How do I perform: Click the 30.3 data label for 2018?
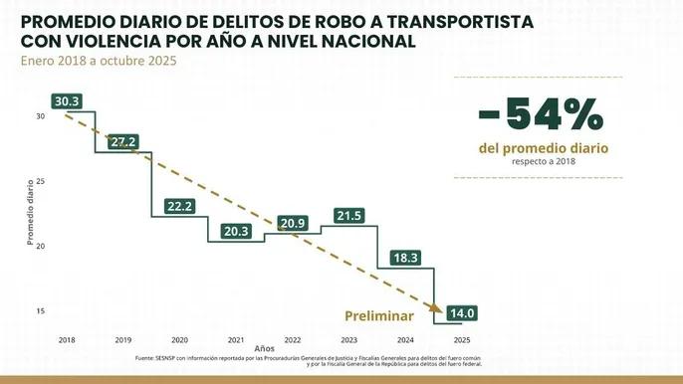pos(67,101)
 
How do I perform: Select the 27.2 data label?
pos(123,142)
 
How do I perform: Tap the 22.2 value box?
pos(180,206)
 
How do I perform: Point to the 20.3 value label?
pos(237,232)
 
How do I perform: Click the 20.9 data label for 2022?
pos(293,223)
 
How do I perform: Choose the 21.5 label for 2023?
pos(349,216)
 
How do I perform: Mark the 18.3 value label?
pos(406,258)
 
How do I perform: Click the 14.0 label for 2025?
pos(463,313)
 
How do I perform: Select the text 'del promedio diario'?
pos(543,147)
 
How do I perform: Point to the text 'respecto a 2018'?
pos(543,161)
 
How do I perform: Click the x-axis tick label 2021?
pos(236,339)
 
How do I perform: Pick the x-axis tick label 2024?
pos(405,339)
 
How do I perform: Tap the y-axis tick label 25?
pos(41,180)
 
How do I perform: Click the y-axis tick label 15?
pos(41,310)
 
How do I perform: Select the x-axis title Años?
pos(264,349)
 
